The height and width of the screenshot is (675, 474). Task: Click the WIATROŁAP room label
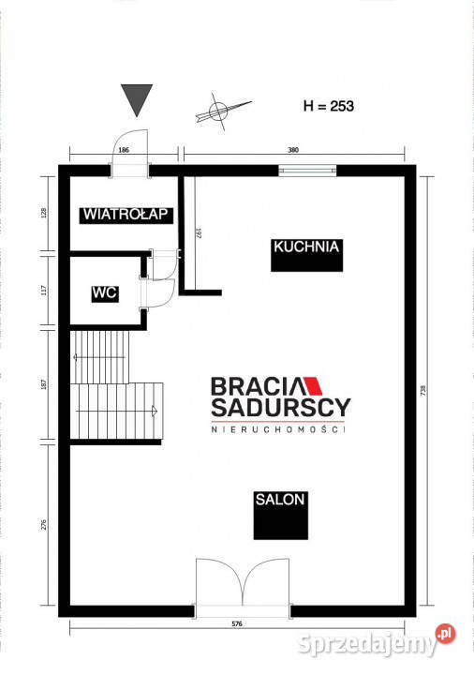click(x=125, y=214)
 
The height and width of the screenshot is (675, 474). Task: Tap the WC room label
click(x=103, y=293)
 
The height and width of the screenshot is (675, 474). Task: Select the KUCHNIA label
click(x=305, y=248)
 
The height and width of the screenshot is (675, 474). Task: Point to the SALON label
click(x=280, y=500)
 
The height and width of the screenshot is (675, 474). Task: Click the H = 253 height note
click(x=329, y=106)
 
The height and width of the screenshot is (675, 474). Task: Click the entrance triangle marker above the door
click(x=137, y=98)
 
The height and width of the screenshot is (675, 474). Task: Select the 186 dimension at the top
click(x=124, y=150)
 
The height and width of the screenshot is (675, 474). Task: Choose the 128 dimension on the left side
click(x=42, y=213)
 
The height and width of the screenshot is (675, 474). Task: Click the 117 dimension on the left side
click(x=42, y=291)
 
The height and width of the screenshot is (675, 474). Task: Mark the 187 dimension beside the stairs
click(x=42, y=385)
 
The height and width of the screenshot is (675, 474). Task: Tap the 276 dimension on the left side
click(x=42, y=527)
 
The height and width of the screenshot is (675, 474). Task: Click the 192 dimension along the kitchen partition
click(x=200, y=233)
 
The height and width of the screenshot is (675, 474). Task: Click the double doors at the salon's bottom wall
click(x=243, y=586)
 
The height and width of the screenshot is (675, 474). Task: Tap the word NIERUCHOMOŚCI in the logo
click(x=277, y=428)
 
